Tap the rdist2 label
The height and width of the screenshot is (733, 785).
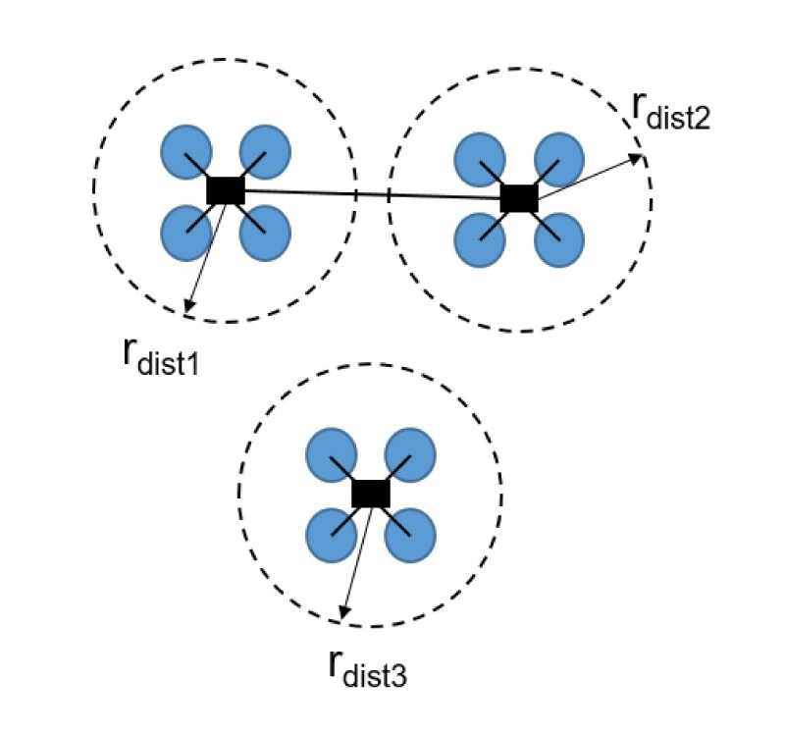point(671,111)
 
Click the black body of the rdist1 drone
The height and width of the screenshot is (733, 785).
point(226,190)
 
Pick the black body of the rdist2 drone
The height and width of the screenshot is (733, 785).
point(519,198)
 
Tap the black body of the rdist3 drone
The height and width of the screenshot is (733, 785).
point(371,494)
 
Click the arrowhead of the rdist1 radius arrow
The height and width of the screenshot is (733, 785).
point(188,305)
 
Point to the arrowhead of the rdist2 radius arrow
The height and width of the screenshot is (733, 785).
point(635,159)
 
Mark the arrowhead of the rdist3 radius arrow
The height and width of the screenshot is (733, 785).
point(344,612)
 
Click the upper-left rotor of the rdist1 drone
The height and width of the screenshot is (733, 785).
point(186,151)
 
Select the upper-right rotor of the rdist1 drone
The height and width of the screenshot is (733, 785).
point(265,152)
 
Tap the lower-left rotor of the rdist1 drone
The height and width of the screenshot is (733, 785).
point(186,233)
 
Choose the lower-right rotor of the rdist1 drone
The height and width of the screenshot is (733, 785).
point(265,233)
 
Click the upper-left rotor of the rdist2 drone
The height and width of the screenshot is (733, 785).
point(480,160)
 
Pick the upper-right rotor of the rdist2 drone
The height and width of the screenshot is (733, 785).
point(558,160)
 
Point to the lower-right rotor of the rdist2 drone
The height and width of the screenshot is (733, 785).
point(558,240)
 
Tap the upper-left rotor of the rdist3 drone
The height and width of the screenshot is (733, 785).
point(331,455)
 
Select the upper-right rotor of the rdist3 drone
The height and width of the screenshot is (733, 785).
point(410,455)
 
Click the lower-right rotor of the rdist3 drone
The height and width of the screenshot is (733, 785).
point(410,535)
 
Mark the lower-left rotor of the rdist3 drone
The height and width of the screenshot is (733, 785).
point(331,535)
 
